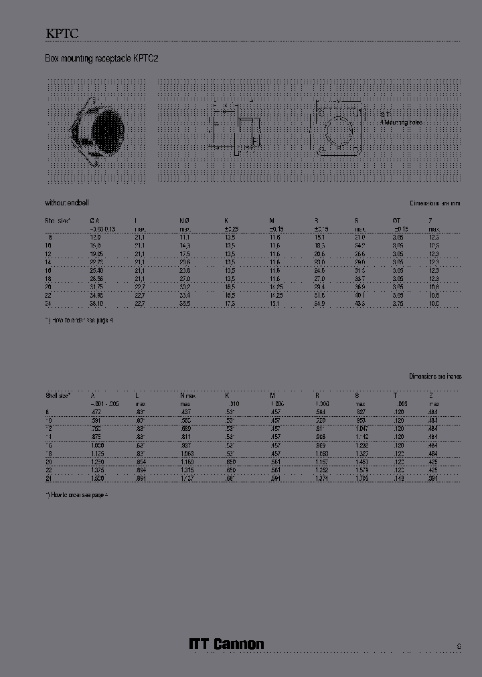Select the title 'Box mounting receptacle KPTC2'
101,59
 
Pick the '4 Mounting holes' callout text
401,122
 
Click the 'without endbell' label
67,203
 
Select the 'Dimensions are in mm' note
434,203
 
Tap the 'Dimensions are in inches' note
434,377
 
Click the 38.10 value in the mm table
98,303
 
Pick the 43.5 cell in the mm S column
360,303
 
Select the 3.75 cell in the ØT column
398,303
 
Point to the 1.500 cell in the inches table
98,478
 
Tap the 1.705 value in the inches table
361,478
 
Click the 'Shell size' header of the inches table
58,395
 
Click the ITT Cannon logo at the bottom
226,644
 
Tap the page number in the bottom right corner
459,646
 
